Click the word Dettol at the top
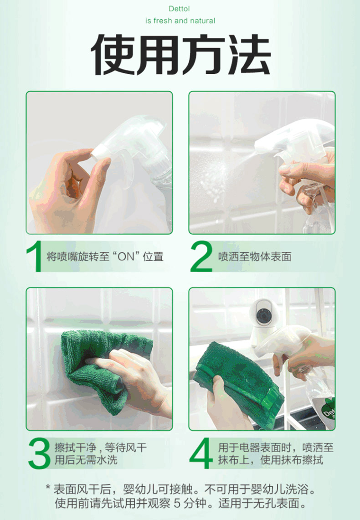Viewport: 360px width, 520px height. pyautogui.click(x=179, y=9)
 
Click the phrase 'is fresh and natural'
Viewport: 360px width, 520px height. pyautogui.click(x=180, y=21)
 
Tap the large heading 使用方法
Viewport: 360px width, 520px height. pyautogui.click(x=180, y=54)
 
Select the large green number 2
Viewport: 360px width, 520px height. pyautogui.click(x=201, y=256)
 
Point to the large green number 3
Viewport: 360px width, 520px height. pyautogui.click(x=39, y=453)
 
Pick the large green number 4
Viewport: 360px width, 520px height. pyautogui.click(x=201, y=453)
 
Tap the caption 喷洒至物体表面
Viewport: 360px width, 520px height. pyautogui.click(x=255, y=256)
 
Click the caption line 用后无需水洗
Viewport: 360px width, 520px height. pyautogui.click(x=86, y=460)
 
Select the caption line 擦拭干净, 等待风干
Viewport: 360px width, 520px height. pyautogui.click(x=100, y=448)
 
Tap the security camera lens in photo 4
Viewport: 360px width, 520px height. pyautogui.click(x=264, y=315)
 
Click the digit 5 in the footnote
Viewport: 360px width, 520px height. pyautogui.click(x=177, y=503)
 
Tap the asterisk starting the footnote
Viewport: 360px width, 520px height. pyautogui.click(x=48, y=488)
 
